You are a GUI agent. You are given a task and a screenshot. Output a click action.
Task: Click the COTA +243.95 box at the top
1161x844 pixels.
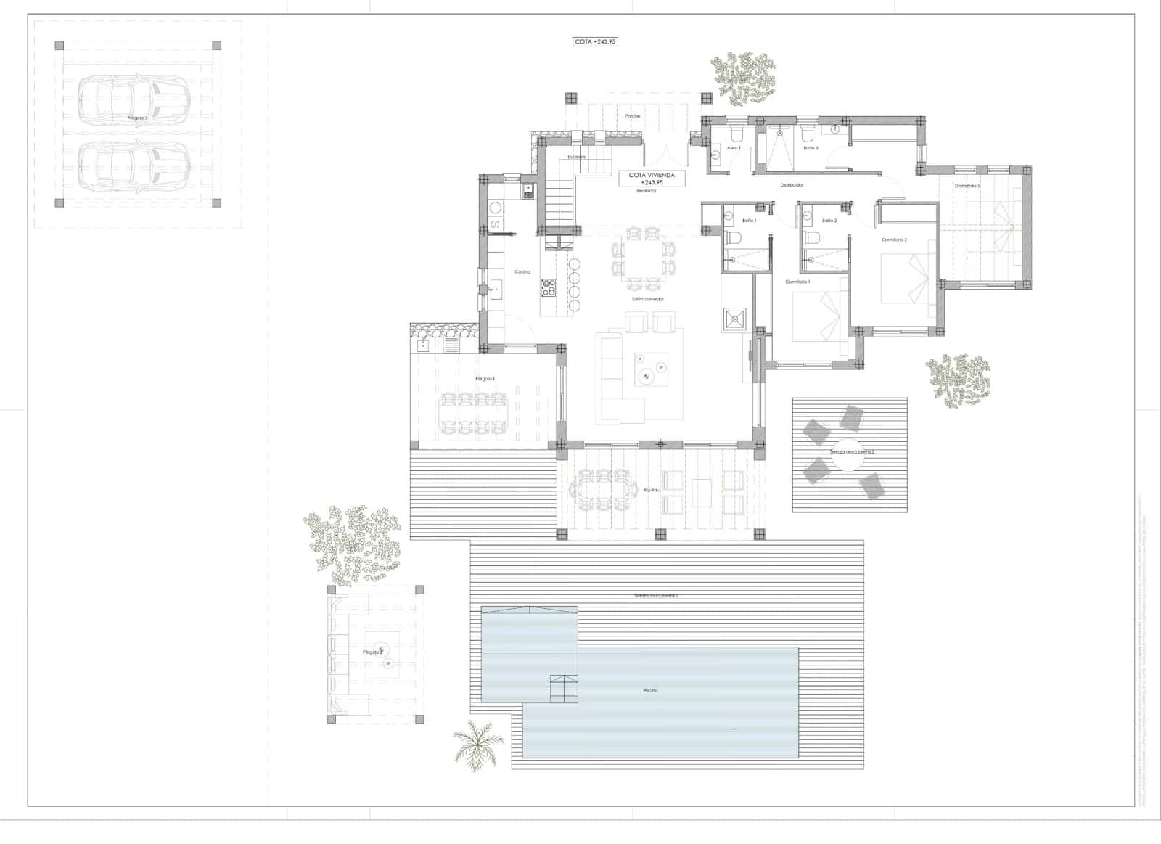pos(595,42)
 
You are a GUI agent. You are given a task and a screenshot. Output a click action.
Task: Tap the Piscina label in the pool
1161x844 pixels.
pos(650,690)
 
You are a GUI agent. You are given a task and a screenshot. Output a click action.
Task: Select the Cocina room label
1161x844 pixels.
pos(522,272)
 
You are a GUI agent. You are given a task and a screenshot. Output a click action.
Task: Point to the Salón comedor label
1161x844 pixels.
pos(647,299)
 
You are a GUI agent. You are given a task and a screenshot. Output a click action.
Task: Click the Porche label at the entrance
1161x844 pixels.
pos(633,116)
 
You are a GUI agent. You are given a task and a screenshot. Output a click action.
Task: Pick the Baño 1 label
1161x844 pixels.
pos(749,221)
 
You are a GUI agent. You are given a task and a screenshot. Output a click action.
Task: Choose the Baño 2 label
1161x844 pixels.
pos(829,221)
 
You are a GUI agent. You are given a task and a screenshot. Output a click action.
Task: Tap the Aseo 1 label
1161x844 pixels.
pos(734,148)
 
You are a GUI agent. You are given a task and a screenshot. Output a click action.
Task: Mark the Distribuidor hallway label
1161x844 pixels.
pos(792,185)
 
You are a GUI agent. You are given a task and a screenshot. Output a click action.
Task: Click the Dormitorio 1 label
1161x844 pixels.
pos(797,282)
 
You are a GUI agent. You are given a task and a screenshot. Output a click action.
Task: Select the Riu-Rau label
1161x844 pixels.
pos(651,491)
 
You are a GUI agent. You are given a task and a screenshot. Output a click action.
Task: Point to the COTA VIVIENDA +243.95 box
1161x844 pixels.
pos(652,179)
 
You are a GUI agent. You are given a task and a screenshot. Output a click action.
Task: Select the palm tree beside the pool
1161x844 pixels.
pos(477,744)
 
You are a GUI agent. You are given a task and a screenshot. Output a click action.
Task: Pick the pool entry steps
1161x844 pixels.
pos(564,688)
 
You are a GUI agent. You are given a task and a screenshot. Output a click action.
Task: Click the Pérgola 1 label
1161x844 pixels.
pos(485,379)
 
